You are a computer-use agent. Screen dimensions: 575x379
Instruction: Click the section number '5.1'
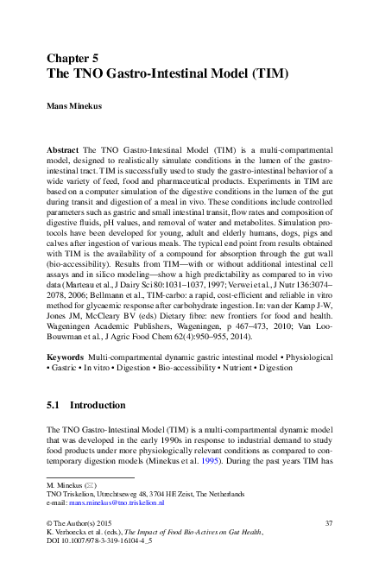[54, 404]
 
